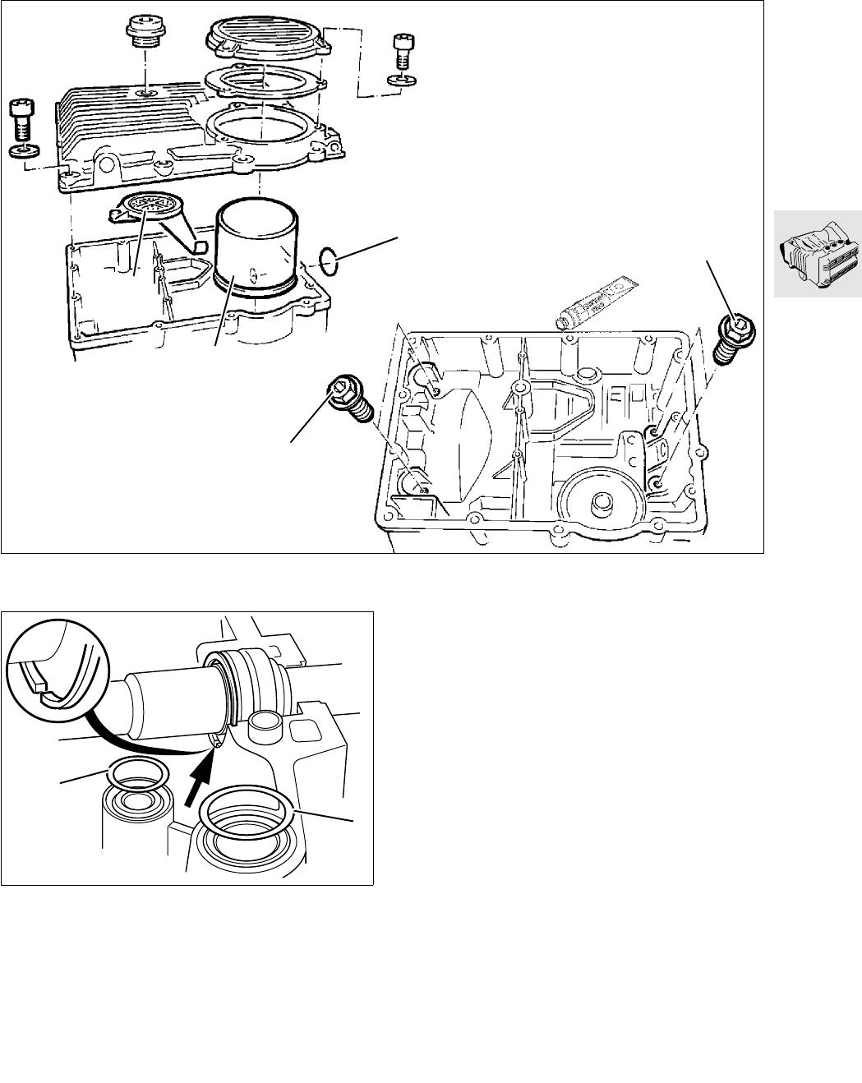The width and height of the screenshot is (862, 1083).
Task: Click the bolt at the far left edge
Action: [x=21, y=122]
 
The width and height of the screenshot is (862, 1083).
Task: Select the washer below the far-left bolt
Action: [x=21, y=151]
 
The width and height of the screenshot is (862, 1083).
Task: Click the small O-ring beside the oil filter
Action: [x=329, y=261]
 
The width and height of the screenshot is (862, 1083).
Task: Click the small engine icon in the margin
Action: [x=817, y=255]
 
